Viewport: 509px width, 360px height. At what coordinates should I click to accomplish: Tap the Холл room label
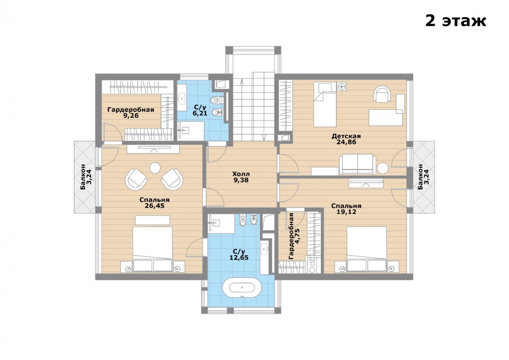(x=241, y=174)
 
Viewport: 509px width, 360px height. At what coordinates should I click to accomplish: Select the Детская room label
(x=346, y=136)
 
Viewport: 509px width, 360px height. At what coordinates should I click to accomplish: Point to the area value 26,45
(x=154, y=206)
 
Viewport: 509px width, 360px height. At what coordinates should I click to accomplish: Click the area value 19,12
(x=346, y=212)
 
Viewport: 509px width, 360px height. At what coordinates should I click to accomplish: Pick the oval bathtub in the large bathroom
(x=242, y=287)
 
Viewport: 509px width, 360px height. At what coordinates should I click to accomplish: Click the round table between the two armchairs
(x=155, y=168)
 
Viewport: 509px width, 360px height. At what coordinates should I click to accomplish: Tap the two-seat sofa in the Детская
(x=356, y=164)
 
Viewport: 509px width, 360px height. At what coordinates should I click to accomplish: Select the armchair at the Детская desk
(x=382, y=94)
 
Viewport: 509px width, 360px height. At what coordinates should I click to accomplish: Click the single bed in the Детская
(x=325, y=104)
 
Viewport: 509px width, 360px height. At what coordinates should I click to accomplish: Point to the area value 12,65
(x=239, y=258)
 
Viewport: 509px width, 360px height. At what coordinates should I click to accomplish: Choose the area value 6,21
(x=200, y=113)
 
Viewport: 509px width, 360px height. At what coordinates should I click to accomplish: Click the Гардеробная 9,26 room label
(x=131, y=112)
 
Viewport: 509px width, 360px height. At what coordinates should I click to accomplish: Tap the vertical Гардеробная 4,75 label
(x=294, y=236)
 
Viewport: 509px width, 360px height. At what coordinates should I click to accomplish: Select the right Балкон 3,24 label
(x=424, y=177)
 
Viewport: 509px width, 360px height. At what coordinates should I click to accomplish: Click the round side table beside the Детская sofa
(x=383, y=168)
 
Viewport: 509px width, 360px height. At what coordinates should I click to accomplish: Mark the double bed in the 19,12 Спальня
(x=367, y=249)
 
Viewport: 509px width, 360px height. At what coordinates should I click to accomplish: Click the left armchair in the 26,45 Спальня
(x=136, y=179)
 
